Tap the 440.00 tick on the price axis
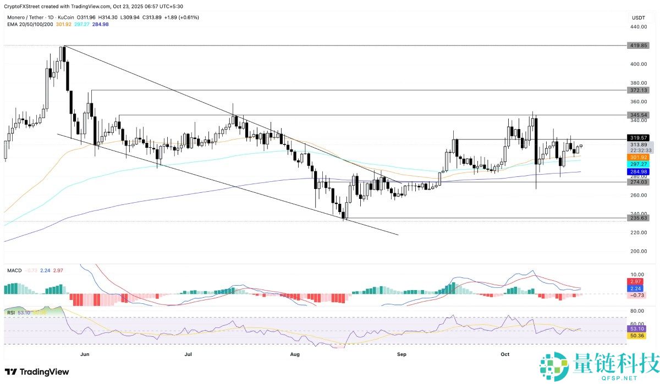pyautogui.click(x=638, y=27)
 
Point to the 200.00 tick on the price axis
pyautogui.click(x=638, y=251)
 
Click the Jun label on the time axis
pyautogui.click(x=85, y=354)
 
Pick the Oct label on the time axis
pyautogui.click(x=505, y=354)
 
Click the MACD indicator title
pyautogui.click(x=14, y=270)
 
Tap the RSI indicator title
pyautogui.click(x=10, y=312)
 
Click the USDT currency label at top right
pyautogui.click(x=638, y=18)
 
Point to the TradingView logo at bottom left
pyautogui.click(x=37, y=372)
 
